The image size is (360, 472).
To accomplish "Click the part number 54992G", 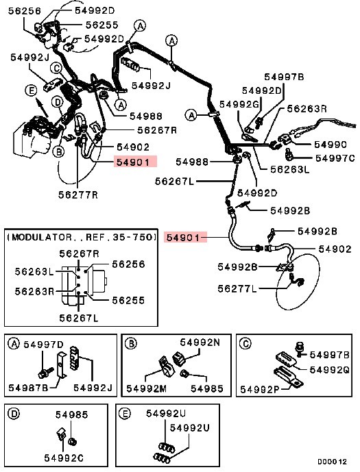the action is click(x=239, y=104).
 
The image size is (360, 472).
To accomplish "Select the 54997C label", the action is click(x=335, y=158).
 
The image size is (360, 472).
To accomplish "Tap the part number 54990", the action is click(x=331, y=145).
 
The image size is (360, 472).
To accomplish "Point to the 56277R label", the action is click(x=78, y=195).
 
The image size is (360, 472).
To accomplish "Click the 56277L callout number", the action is click(x=237, y=289).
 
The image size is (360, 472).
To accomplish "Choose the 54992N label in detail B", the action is click(x=200, y=343).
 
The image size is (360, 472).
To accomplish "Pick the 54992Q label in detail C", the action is click(x=329, y=370).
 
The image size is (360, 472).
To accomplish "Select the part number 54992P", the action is click(x=260, y=390).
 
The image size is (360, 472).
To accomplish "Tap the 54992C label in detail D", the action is click(x=64, y=458).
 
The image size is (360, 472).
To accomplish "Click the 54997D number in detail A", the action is click(x=44, y=345).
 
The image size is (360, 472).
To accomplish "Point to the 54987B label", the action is click(x=28, y=388).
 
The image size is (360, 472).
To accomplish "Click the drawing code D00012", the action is click(x=333, y=462).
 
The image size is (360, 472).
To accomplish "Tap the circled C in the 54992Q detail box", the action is click(x=246, y=343).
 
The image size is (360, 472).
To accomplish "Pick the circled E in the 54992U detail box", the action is click(x=124, y=414).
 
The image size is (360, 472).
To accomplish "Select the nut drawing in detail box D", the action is click(x=72, y=442).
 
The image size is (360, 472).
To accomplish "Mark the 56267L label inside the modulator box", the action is click(x=79, y=318).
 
